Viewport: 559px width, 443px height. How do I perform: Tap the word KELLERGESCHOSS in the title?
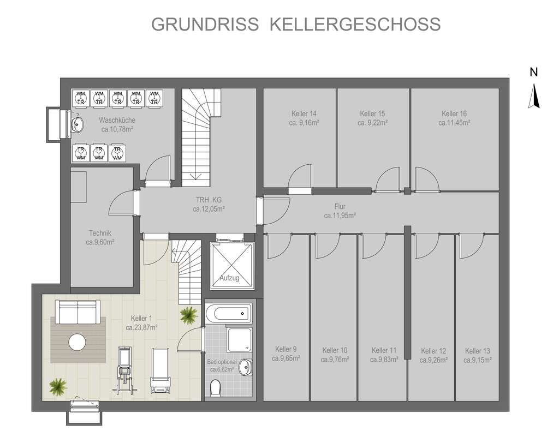[355, 25]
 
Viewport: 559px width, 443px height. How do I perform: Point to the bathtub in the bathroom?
[228, 314]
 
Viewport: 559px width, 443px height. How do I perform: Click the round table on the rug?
[78, 343]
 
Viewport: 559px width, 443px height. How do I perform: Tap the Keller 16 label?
[454, 114]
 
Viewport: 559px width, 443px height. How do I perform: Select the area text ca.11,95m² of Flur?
[340, 215]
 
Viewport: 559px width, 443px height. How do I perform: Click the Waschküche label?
[117, 120]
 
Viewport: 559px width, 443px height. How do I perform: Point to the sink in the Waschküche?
[78, 124]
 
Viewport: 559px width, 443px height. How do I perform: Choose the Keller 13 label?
[478, 351]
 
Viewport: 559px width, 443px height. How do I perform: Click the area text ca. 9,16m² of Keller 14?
[304, 123]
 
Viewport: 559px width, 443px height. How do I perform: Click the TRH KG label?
[209, 200]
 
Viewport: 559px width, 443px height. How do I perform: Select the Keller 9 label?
[286, 350]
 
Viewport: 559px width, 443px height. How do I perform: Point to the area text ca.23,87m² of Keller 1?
[141, 328]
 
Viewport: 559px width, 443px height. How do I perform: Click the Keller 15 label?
[372, 114]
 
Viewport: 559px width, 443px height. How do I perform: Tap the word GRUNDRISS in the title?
[205, 25]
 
